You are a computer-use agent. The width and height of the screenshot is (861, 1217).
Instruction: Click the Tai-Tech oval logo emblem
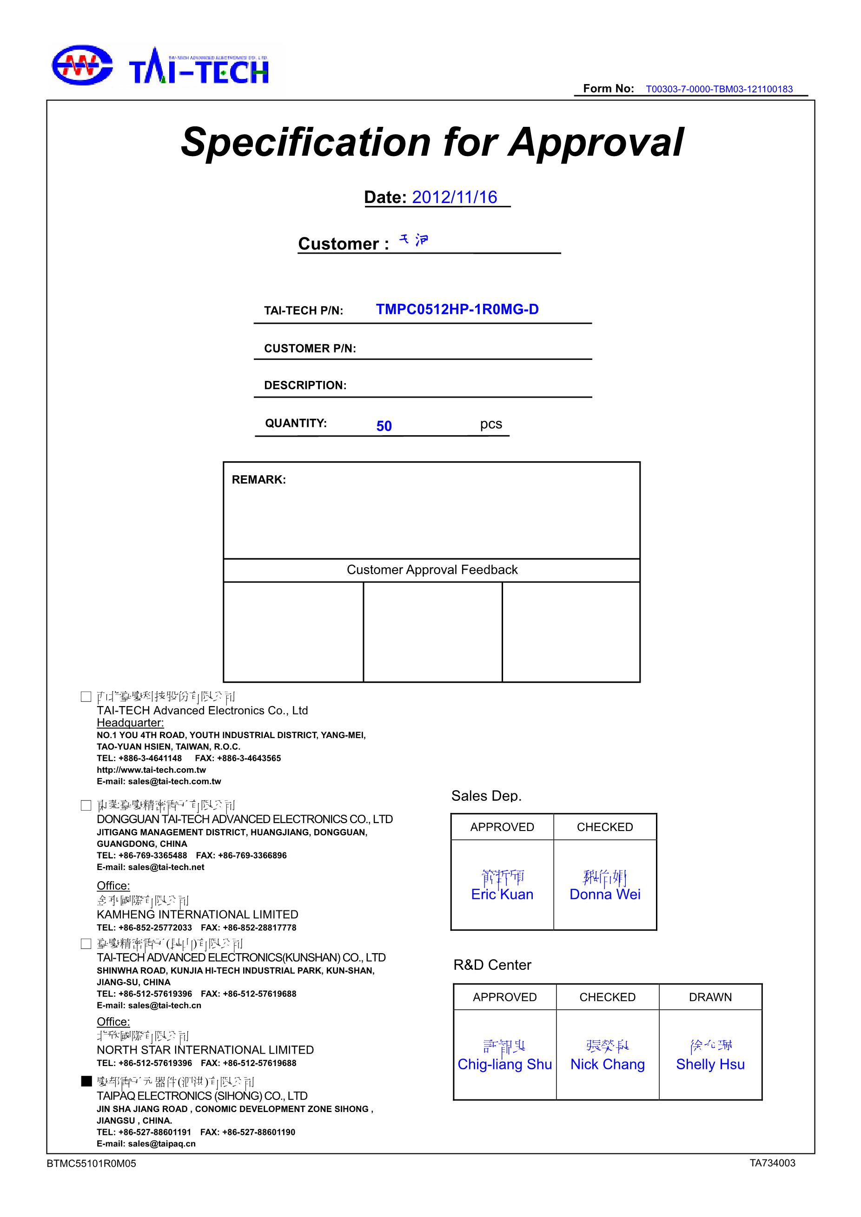coord(82,65)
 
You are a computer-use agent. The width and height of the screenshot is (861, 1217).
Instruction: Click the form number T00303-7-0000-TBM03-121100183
coord(719,89)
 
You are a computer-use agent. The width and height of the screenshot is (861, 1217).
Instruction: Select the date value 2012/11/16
coord(455,197)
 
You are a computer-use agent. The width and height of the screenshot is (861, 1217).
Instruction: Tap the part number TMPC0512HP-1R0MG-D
coord(457,309)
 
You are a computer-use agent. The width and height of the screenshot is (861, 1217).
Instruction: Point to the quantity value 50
coord(384,426)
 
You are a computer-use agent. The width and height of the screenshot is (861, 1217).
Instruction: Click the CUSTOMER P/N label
coord(310,348)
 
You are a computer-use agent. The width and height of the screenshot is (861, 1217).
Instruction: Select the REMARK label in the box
coord(259,480)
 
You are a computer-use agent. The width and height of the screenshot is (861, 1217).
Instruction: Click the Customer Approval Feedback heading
coord(432,570)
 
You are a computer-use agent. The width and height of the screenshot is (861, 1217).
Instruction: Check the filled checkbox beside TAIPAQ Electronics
coord(86,1081)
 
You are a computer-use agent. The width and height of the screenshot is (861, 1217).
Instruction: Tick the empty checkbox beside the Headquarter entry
coord(86,696)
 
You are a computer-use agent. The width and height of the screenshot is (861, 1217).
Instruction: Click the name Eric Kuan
coord(502,894)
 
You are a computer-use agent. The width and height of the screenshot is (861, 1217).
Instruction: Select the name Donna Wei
coord(605,894)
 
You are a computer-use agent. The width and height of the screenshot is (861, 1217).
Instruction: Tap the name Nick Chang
coord(608,1064)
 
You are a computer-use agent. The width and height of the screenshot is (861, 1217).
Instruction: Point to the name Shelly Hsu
coord(710,1064)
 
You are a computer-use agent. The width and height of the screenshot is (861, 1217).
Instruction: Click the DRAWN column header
coord(710,997)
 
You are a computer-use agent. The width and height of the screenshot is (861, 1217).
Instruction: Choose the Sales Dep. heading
coord(486,796)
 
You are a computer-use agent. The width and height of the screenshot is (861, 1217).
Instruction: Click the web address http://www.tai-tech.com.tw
coord(151,770)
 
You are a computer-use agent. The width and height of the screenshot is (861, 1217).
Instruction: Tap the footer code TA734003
coord(772,1163)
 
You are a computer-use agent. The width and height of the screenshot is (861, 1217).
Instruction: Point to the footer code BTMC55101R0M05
coord(91,1164)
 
